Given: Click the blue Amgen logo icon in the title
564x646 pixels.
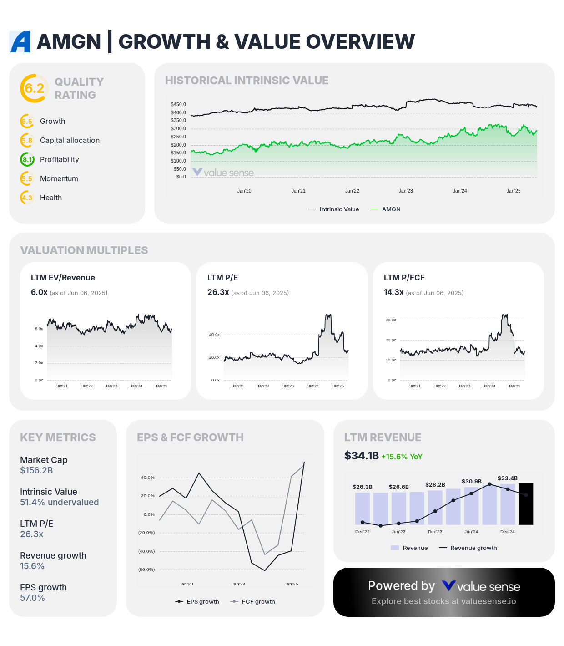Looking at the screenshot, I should (x=20, y=41).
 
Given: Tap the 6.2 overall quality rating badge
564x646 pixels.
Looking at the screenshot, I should (x=34, y=88).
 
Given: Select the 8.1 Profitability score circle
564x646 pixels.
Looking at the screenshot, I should (x=27, y=159).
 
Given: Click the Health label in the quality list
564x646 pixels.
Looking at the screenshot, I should (x=51, y=198).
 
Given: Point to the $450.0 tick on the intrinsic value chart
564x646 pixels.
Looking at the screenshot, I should (x=178, y=104).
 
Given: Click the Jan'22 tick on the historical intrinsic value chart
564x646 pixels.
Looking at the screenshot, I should (x=352, y=191).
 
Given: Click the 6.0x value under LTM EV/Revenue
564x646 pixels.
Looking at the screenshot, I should (x=39, y=292).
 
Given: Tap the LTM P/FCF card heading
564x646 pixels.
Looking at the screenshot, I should (x=404, y=278).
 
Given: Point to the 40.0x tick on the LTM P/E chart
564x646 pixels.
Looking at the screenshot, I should (x=214, y=335).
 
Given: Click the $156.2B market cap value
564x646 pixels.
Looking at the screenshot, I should (x=36, y=470).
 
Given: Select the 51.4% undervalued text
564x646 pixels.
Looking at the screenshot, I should (x=59, y=502).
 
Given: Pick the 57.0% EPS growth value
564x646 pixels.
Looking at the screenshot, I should (x=32, y=598).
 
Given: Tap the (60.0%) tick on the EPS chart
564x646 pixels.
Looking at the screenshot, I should (x=146, y=570).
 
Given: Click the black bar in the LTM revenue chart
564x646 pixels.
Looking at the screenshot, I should (x=526, y=504).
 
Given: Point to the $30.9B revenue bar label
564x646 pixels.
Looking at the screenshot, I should (x=471, y=481).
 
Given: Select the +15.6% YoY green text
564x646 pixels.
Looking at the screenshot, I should (x=402, y=457).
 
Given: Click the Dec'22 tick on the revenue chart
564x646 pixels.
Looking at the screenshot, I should (x=362, y=531).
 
